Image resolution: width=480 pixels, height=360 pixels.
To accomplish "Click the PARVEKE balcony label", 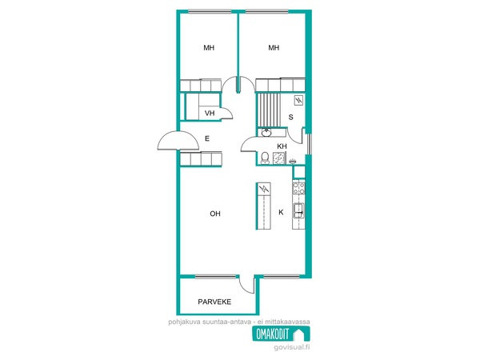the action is (214, 302).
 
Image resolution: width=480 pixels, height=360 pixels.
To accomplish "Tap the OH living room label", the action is (215, 214).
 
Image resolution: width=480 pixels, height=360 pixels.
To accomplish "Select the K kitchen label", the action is (281, 212).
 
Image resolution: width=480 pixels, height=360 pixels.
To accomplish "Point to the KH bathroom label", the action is (282, 146).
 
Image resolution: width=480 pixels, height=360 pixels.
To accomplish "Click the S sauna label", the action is (291, 117).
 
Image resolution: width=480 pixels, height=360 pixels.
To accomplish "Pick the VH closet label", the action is (210, 114).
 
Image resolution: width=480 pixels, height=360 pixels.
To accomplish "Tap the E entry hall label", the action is (207, 138).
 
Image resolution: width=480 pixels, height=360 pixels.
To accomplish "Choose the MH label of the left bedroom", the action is (209, 48).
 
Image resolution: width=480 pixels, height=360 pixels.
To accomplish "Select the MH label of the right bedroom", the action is (274, 48).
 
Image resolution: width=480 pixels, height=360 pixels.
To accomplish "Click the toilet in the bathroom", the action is (265, 158).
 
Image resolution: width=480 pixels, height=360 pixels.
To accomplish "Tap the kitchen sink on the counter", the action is (298, 210).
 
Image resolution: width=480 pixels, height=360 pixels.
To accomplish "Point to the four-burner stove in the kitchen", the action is (298, 188).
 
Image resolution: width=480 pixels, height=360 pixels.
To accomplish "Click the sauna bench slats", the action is (269, 110).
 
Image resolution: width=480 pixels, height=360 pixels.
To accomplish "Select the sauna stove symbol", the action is (298, 101).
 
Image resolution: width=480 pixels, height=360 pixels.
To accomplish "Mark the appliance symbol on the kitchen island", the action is (264, 189).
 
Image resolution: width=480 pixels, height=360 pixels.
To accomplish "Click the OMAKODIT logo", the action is (281, 334).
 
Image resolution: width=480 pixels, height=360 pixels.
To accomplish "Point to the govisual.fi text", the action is (292, 347).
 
